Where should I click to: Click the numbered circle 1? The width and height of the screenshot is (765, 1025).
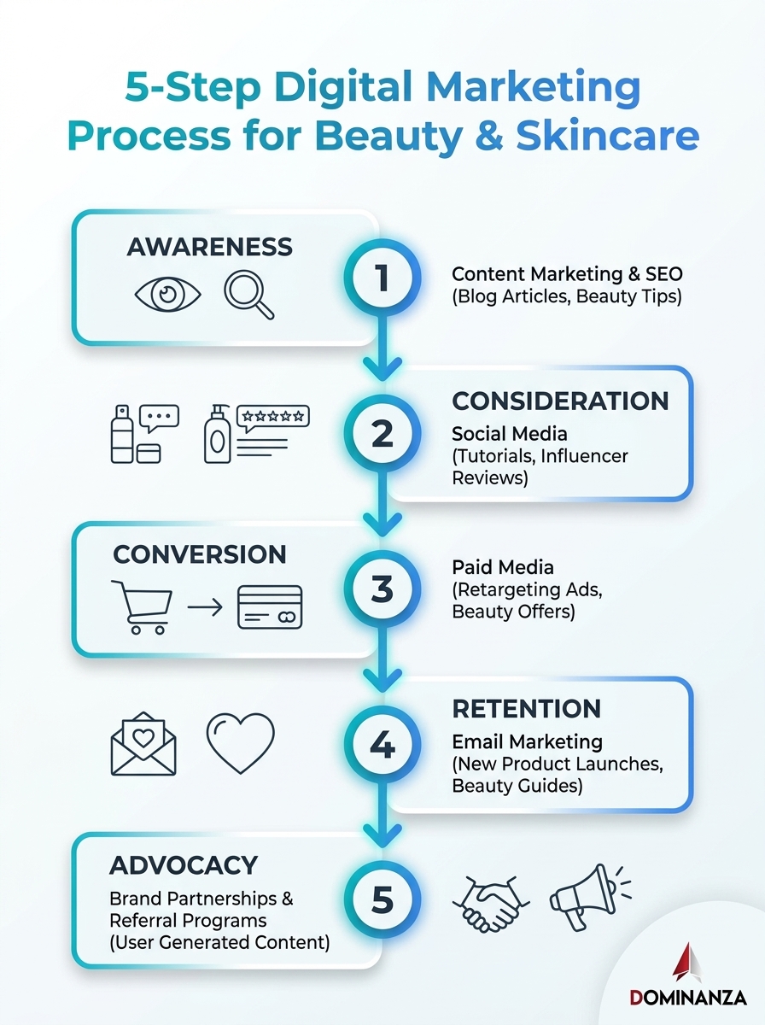[382, 278]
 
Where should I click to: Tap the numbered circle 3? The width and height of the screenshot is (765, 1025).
[382, 589]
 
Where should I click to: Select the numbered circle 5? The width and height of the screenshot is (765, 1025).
[382, 899]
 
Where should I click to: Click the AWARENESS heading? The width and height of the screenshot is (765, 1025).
[209, 247]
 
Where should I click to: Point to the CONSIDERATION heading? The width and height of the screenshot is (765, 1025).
[560, 401]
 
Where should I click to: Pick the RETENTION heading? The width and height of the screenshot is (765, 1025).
[527, 708]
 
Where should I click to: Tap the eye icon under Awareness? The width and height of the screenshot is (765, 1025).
[167, 294]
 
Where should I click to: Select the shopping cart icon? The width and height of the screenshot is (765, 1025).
[142, 607]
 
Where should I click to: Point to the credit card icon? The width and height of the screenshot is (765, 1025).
[270, 607]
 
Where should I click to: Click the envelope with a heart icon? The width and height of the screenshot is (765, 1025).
[143, 743]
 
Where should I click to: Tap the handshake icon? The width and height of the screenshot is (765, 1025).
[492, 903]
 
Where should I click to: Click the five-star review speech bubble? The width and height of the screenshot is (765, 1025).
[273, 418]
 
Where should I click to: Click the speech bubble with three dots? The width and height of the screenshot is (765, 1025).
[159, 418]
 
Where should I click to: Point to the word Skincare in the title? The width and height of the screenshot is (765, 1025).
[607, 136]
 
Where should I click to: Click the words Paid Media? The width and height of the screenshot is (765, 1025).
[503, 567]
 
